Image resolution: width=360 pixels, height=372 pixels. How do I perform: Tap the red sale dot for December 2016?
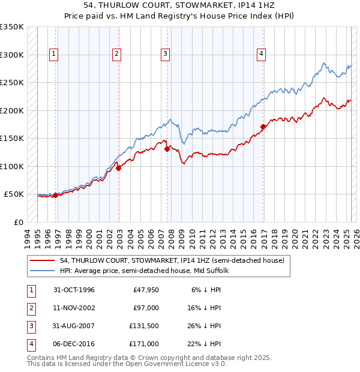tap(263, 127)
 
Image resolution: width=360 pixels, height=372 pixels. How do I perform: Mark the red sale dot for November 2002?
tap(119, 168)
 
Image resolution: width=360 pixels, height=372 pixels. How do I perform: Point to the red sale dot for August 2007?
tap(167, 149)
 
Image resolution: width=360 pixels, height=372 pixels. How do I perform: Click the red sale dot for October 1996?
tap(55, 195)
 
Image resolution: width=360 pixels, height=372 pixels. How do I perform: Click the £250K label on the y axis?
tap(12, 82)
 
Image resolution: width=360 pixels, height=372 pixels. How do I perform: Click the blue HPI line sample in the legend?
tap(43, 271)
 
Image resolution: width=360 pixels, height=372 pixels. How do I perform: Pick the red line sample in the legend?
tap(43, 260)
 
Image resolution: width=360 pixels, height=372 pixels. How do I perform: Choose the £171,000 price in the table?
tap(144, 344)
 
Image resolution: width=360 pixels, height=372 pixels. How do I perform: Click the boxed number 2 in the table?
tap(29, 308)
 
